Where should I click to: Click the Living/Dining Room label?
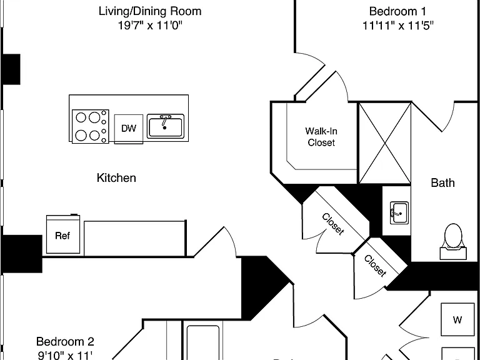coord(150,11)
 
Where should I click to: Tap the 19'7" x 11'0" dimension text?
coord(150,26)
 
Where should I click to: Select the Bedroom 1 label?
coord(397,11)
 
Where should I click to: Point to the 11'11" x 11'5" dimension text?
coord(398,26)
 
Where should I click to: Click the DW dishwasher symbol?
coord(129,129)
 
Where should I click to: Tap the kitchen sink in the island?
coord(166,126)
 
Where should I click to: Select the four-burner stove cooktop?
coord(90,126)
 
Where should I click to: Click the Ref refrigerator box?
coord(63,234)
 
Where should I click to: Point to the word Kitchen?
coord(116,178)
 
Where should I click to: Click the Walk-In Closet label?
coord(321,137)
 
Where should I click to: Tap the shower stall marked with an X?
coord(384,143)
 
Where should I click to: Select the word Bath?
coord(442,182)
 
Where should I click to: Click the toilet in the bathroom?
coord(453,242)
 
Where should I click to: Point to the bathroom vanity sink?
coord(399,212)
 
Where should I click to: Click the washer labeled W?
coord(457,319)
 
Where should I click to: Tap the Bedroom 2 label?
coord(65,341)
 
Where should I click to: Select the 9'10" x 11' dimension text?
coord(65,356)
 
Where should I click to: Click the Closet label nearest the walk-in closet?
coord(332,224)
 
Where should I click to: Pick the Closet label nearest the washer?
coord(375,266)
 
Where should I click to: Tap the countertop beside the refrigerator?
coord(135,238)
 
